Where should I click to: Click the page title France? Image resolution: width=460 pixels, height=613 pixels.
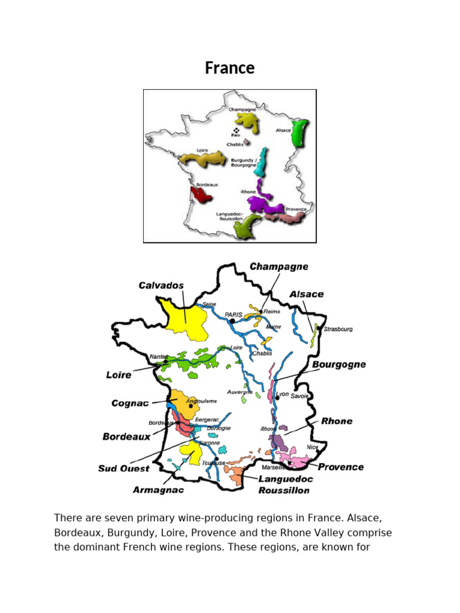[x=229, y=68]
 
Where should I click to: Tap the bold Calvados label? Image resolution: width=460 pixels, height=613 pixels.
[x=161, y=286]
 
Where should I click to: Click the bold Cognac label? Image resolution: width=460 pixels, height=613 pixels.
[x=130, y=403]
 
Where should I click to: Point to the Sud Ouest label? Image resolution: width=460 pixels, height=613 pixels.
[x=124, y=469]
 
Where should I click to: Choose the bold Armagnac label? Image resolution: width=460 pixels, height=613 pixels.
[x=158, y=490]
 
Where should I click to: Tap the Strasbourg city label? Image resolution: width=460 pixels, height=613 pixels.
[x=338, y=329]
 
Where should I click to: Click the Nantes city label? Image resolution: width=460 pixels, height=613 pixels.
[x=159, y=357]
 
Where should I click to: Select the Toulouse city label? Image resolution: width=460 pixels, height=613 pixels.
[x=214, y=463]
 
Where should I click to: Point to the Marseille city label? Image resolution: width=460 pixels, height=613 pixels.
[x=273, y=467]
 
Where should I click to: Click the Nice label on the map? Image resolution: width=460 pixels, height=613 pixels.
[x=312, y=447]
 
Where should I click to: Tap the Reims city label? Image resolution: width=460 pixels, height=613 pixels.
[x=271, y=311]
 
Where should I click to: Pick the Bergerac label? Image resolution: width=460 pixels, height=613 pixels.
[x=207, y=420]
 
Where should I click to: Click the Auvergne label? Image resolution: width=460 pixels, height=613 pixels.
[x=240, y=392]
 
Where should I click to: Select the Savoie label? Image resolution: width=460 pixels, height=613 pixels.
[x=300, y=396]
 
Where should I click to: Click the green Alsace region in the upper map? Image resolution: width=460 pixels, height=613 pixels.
[x=298, y=132]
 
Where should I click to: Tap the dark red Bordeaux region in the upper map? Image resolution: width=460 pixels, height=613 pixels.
[x=200, y=194]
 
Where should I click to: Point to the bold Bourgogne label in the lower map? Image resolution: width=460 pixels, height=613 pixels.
[x=338, y=365]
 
